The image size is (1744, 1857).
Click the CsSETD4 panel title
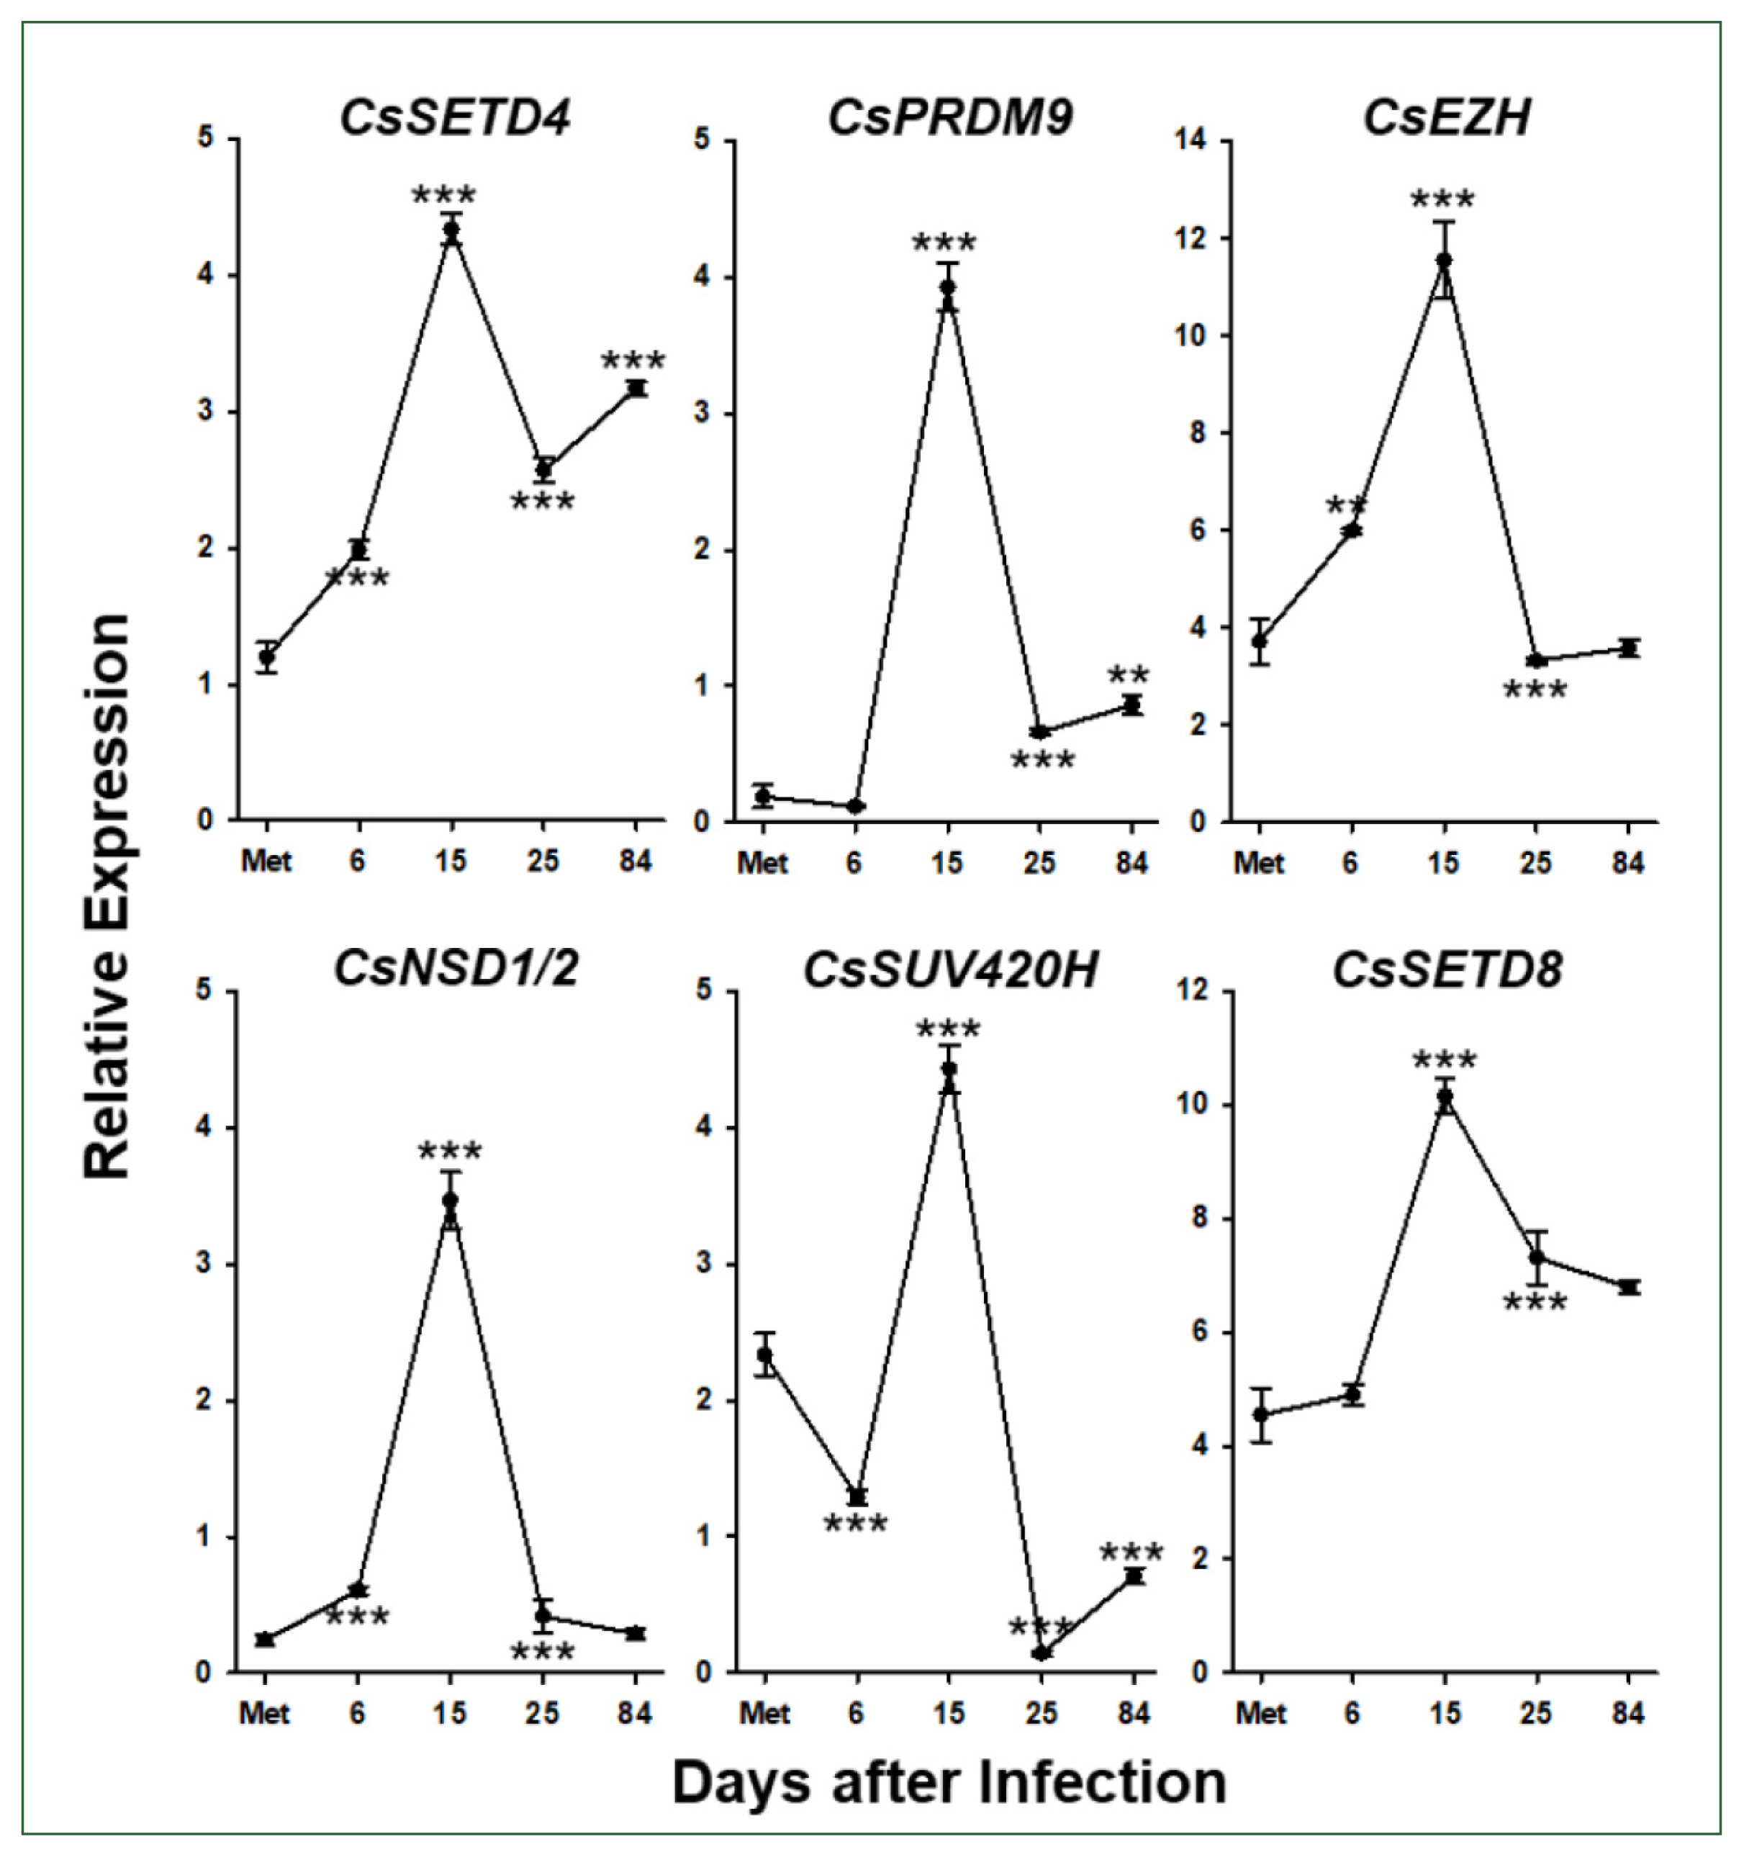point(454,119)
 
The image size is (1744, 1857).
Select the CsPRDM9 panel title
point(950,119)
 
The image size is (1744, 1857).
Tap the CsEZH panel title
point(1447,119)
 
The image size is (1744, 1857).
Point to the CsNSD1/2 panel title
point(456,969)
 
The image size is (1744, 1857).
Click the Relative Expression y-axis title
point(107,896)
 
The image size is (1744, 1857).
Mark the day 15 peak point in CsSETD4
point(452,231)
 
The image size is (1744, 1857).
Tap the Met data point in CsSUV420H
point(765,1355)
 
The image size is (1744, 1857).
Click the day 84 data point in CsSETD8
point(1629,1287)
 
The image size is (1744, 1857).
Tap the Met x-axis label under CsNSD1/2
point(266,1713)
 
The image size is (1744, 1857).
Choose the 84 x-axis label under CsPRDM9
point(1131,862)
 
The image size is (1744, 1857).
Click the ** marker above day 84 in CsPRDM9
point(1129,675)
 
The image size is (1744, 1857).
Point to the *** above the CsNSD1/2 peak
point(451,1151)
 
